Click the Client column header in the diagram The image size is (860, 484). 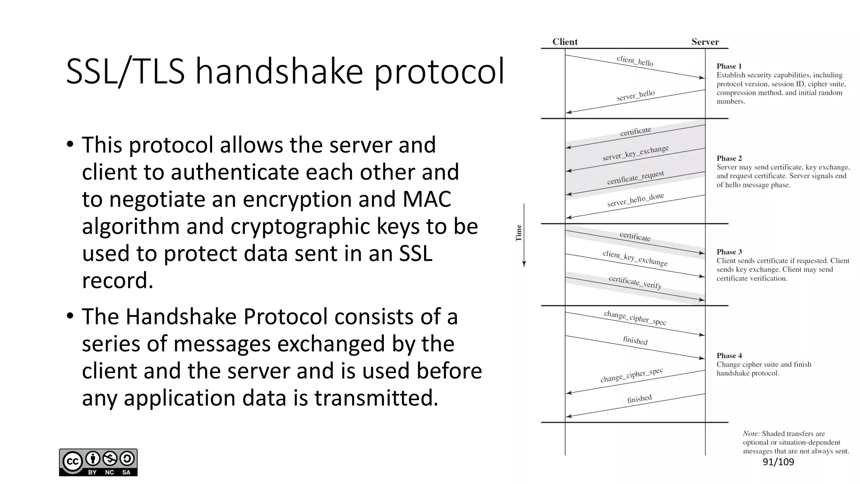click(565, 42)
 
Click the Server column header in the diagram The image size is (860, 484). click(705, 42)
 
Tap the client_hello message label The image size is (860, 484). click(635, 61)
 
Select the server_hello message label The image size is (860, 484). click(636, 95)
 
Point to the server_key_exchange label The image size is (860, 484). click(635, 153)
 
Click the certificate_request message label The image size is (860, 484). click(635, 178)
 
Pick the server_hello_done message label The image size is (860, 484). click(635, 200)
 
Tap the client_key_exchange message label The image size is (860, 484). click(635, 258)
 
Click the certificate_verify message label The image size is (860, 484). click(635, 282)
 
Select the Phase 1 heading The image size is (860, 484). click(729, 66)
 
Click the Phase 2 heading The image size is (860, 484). click(729, 158)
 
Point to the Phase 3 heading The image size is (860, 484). click(729, 252)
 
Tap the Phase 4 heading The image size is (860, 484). click(729, 355)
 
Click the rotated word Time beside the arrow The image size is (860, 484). click(519, 233)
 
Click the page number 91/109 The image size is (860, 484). click(778, 462)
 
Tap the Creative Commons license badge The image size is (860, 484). click(98, 462)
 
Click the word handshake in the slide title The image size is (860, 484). click(279, 71)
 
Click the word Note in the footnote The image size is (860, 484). click(750, 434)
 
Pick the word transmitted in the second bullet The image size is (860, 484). click(376, 398)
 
